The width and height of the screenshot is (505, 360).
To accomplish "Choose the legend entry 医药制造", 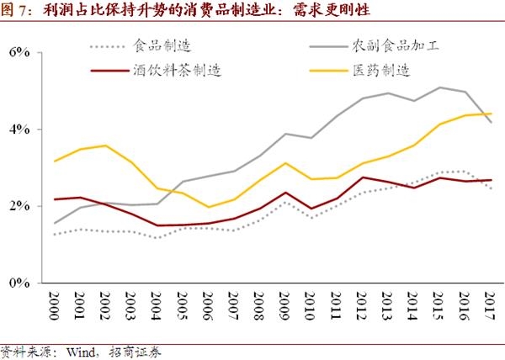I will click(x=382, y=70).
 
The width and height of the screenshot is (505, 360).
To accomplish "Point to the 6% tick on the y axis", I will click(x=19, y=52).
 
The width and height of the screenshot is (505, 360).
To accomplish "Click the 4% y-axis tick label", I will click(x=19, y=130).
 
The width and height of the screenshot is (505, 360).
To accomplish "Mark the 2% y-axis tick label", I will click(x=19, y=206).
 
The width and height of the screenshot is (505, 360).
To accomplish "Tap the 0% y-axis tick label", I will click(x=19, y=283).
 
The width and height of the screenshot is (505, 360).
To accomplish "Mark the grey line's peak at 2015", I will click(x=439, y=87).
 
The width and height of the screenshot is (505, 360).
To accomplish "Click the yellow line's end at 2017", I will click(x=491, y=114).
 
